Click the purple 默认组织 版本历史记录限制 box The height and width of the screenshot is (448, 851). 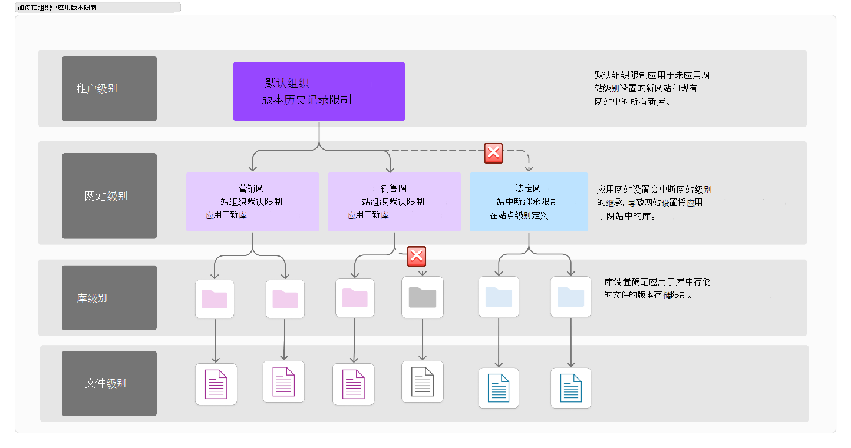pyautogui.click(x=319, y=91)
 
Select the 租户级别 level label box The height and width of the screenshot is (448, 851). pyautogui.click(x=109, y=88)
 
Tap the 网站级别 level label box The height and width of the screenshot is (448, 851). pyautogui.click(x=109, y=195)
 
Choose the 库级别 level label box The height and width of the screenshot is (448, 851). pyautogui.click(x=109, y=298)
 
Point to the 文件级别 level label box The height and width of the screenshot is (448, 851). pyautogui.click(x=109, y=383)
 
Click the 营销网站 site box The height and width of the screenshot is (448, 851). pyautogui.click(x=252, y=202)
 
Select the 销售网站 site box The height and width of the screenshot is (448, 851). pyautogui.click(x=394, y=202)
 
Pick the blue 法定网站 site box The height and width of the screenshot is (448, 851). pyautogui.click(x=529, y=202)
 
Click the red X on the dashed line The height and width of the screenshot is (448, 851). pyautogui.click(x=493, y=153)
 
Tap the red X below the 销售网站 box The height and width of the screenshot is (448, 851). pyautogui.click(x=417, y=256)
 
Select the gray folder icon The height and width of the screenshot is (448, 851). pyautogui.click(x=422, y=297)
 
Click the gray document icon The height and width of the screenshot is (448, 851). pyautogui.click(x=422, y=381)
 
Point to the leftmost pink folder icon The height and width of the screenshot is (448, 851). pyautogui.click(x=215, y=299)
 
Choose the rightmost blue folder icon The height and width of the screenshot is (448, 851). pyautogui.click(x=570, y=297)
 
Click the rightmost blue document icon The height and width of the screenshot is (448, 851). pyautogui.click(x=570, y=387)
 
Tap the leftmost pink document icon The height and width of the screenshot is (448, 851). pyautogui.click(x=216, y=384)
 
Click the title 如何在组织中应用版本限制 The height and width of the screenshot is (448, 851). pyautogui.click(x=57, y=7)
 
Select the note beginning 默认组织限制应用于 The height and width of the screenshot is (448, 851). pyautogui.click(x=652, y=88)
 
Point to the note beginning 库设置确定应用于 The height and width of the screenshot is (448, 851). pyautogui.click(x=657, y=288)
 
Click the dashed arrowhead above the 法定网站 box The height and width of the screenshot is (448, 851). pyautogui.click(x=529, y=168)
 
